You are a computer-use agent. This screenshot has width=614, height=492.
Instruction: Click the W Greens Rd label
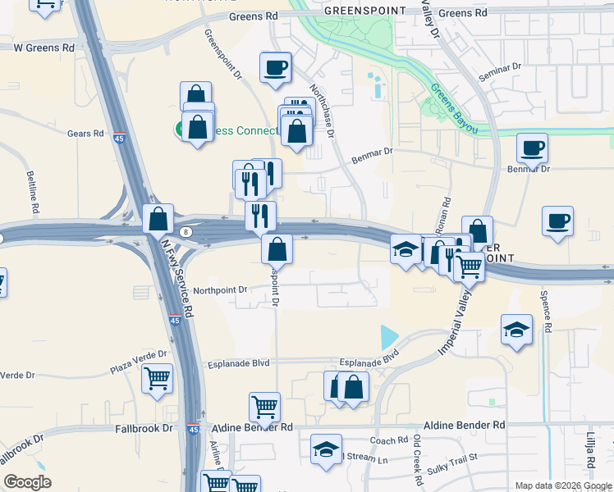[44, 48]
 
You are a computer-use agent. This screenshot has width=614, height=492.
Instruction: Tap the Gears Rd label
[85, 133]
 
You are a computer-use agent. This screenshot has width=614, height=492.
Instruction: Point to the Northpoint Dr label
[219, 290]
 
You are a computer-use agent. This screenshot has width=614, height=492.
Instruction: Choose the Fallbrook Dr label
[144, 428]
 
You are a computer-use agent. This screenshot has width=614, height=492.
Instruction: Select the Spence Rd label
[543, 304]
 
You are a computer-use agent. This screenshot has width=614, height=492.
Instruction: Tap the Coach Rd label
[389, 440]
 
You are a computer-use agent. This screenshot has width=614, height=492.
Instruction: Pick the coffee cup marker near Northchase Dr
[276, 66]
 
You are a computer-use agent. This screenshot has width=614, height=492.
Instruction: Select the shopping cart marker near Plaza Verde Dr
[158, 378]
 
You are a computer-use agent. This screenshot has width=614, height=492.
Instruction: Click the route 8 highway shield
[186, 232]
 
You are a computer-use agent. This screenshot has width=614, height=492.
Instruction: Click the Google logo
[27, 482]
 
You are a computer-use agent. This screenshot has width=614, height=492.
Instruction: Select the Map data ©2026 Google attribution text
[562, 485]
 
